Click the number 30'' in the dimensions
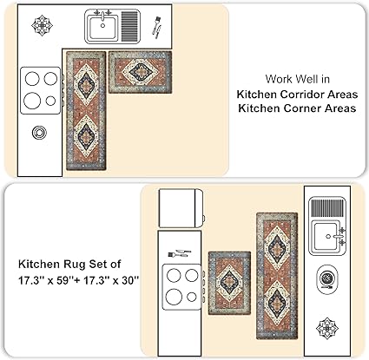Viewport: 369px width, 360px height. tap(130, 280)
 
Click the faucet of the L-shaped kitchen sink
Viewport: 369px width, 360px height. tap(102, 15)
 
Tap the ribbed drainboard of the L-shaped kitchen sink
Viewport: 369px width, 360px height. tap(129, 26)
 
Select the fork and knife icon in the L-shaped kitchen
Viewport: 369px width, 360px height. tap(157, 28)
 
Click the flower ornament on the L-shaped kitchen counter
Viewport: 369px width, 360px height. tap(42, 25)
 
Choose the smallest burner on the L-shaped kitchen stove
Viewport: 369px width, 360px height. tap(50, 101)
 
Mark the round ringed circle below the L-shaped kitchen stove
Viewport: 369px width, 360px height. tap(39, 133)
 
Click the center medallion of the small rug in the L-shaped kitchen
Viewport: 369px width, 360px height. tap(141, 72)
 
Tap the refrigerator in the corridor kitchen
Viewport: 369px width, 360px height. tap(181, 208)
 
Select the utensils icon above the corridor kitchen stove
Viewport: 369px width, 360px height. tap(180, 254)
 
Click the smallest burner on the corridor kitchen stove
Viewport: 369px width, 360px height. tap(192, 297)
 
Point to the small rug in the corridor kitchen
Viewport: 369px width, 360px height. tap(229, 283)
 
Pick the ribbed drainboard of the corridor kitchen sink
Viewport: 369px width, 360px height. tap(328, 208)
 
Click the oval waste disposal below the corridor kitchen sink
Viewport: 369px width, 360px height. tap(326, 278)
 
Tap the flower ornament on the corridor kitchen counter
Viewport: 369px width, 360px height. tap(327, 328)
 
